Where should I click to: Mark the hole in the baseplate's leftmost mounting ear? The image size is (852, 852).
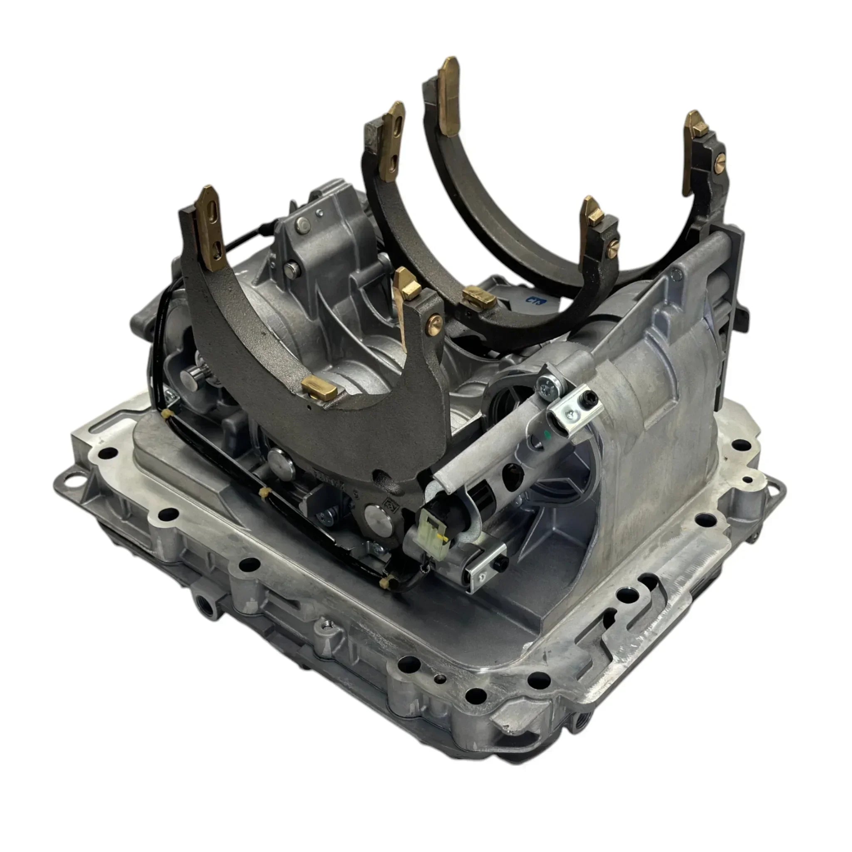(82, 475)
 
